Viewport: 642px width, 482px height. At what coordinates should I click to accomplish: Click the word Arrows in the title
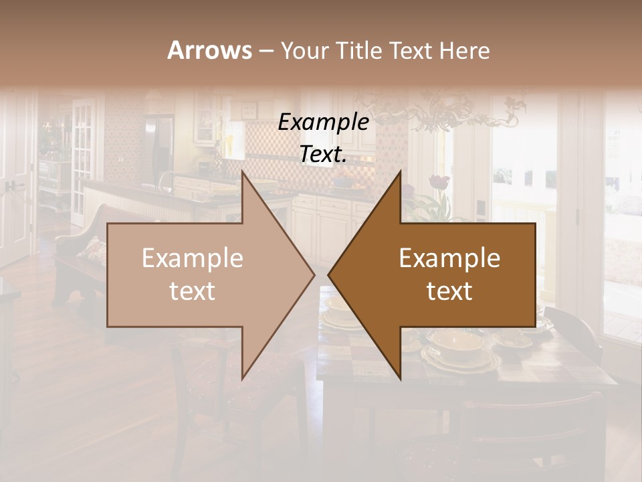[x=209, y=50]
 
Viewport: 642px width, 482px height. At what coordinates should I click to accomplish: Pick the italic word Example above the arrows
[x=323, y=122]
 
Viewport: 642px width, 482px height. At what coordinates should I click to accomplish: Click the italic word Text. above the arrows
[x=323, y=155]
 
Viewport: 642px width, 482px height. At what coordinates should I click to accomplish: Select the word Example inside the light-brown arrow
[x=193, y=258]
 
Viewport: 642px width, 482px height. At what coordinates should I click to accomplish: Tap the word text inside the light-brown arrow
[x=193, y=291]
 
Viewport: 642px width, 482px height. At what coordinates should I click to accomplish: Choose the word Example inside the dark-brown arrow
[x=449, y=258]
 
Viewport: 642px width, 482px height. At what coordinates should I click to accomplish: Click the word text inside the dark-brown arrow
[x=449, y=291]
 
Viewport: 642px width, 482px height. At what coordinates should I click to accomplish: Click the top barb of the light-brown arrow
[x=243, y=175]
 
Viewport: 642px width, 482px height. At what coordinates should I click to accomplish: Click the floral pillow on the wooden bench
[x=93, y=251]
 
